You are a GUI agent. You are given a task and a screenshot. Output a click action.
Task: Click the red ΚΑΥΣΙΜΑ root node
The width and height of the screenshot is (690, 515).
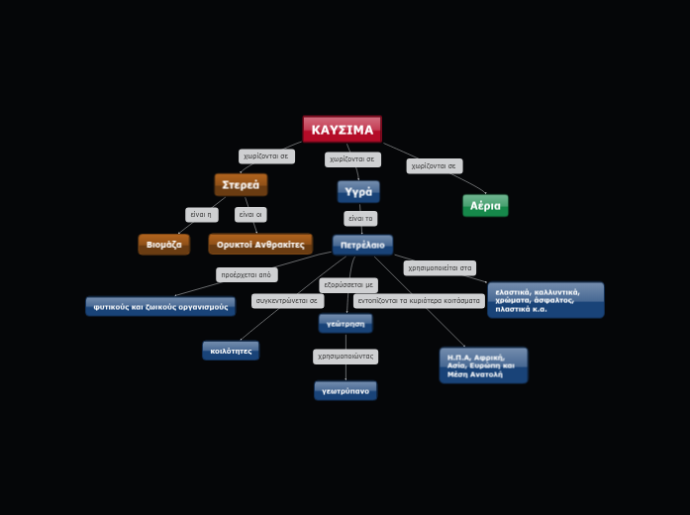pos(342,130)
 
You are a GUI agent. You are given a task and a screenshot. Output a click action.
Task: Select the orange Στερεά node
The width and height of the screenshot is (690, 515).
pos(241,184)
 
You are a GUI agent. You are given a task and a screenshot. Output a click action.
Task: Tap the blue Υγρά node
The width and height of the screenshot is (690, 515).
pos(358,191)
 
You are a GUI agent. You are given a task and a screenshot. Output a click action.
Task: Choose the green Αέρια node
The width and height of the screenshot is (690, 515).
pos(485,206)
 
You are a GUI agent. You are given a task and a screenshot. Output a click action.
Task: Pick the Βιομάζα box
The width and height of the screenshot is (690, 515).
pos(164,245)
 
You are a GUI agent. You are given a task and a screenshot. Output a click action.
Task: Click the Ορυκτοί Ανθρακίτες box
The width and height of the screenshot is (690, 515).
pos(260,245)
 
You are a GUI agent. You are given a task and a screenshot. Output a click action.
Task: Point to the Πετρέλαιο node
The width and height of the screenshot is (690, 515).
pos(362,245)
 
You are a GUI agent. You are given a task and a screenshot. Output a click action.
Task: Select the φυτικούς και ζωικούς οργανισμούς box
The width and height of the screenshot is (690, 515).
pos(160,307)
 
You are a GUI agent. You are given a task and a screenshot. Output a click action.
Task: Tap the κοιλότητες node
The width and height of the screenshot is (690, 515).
pos(231,351)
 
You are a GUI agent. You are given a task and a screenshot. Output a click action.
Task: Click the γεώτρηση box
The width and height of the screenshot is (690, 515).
pos(345,324)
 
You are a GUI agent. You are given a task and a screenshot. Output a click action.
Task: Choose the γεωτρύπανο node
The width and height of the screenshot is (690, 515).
pos(345,391)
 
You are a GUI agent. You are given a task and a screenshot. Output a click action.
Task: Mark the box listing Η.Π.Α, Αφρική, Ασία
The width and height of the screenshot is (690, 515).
pos(483,364)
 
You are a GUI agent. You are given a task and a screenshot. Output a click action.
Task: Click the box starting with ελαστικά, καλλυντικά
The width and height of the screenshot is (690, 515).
pos(545,300)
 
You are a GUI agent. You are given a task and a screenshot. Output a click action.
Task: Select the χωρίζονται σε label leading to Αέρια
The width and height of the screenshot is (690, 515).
pos(435,166)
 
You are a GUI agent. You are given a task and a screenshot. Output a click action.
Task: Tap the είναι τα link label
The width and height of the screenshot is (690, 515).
pos(360,219)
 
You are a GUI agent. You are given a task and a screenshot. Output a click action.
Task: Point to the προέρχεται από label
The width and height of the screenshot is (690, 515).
pos(246,275)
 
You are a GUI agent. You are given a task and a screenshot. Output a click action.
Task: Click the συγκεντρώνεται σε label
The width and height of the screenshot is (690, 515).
pos(287,301)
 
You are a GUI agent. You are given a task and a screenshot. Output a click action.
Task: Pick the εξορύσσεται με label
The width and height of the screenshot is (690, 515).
pos(348,285)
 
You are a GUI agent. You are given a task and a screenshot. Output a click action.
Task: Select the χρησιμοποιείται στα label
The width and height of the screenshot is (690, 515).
pos(440,268)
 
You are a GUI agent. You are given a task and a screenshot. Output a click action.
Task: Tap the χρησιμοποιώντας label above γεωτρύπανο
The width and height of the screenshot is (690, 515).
pos(345,357)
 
